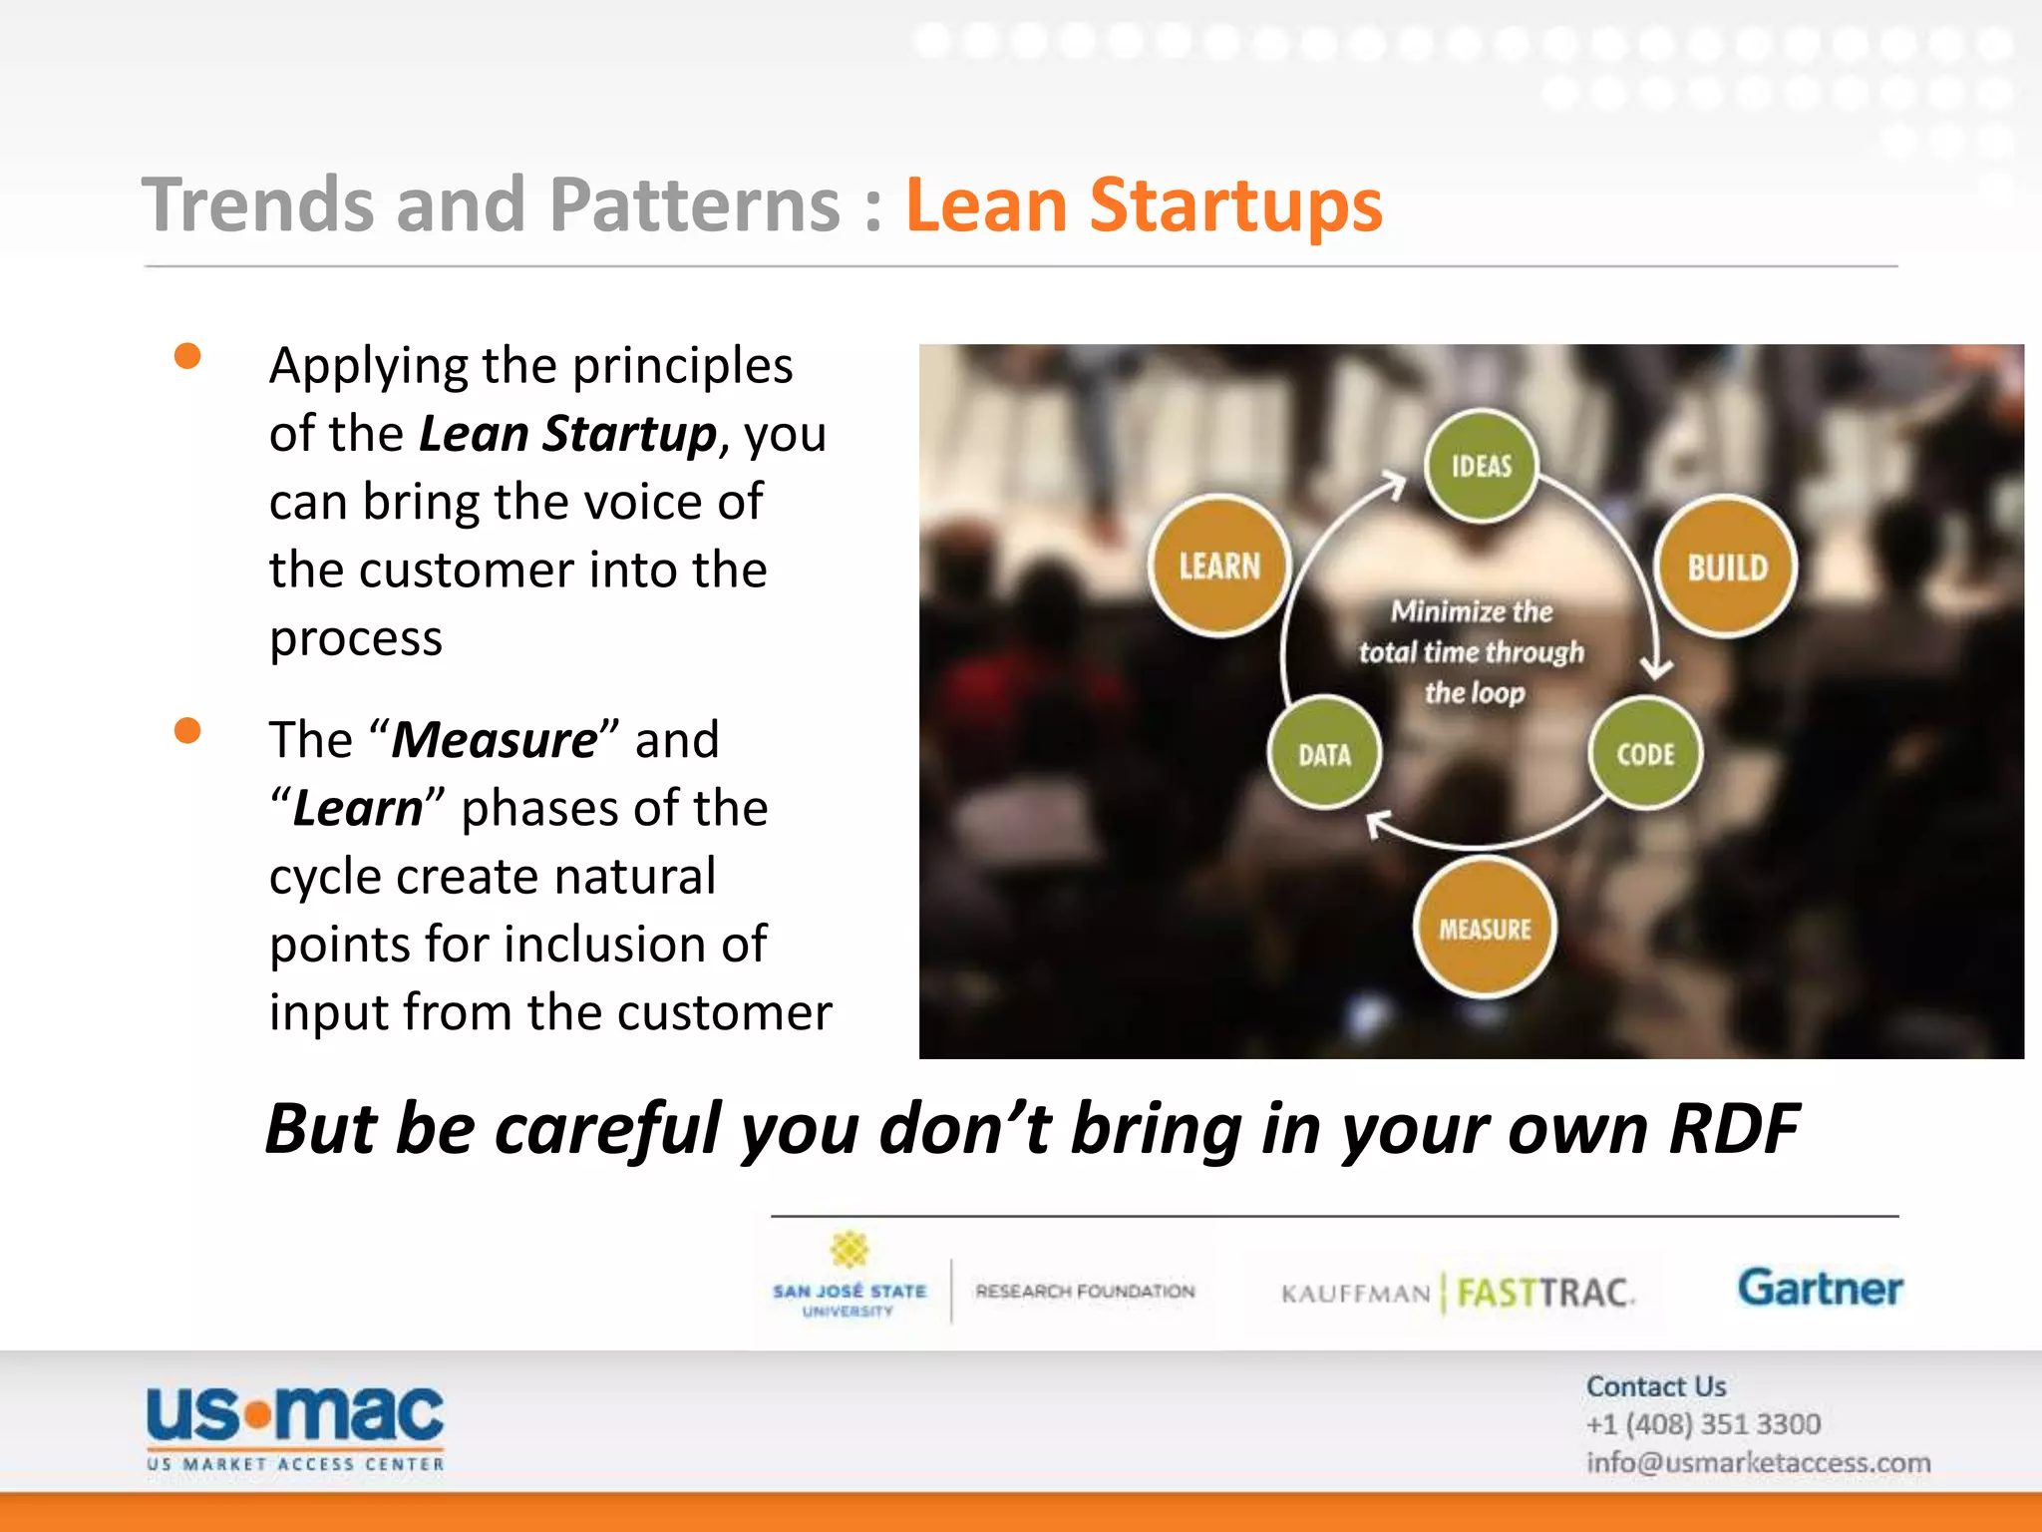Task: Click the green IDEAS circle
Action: click(1481, 466)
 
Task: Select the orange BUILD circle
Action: click(1726, 567)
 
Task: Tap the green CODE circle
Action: click(1644, 753)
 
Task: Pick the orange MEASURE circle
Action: click(1485, 929)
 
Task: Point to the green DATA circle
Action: click(1324, 753)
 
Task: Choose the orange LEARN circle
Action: click(1219, 566)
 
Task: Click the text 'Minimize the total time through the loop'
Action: click(1472, 651)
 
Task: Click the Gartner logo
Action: click(1820, 1288)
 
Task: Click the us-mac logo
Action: click(295, 1426)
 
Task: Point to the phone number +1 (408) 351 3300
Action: click(1703, 1424)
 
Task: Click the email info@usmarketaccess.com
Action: click(1758, 1463)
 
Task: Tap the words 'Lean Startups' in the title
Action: click(1143, 205)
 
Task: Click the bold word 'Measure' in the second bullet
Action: click(495, 740)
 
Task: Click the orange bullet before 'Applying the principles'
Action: click(187, 356)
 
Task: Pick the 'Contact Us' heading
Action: click(1656, 1386)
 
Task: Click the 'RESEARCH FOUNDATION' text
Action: click(1085, 1292)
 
